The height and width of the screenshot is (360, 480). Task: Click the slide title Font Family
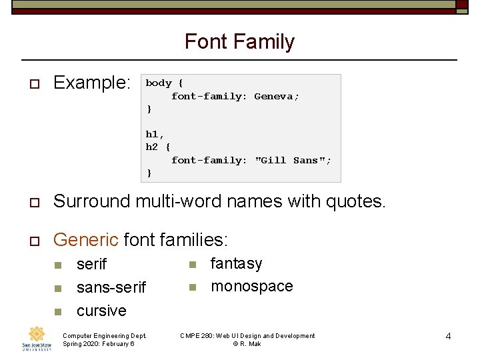click(239, 42)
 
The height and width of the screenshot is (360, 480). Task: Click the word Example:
click(92, 83)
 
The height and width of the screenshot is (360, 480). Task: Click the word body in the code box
click(159, 83)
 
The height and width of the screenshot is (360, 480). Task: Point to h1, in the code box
click(155, 135)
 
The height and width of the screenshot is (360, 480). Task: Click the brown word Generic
click(85, 239)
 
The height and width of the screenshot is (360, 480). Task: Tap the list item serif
click(91, 265)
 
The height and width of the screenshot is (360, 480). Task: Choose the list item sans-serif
click(111, 287)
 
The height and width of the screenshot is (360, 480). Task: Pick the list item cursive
click(101, 311)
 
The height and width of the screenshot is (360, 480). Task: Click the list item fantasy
click(236, 264)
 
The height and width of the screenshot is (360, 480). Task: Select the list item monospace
click(251, 287)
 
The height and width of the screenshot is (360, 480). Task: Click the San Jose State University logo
click(37, 338)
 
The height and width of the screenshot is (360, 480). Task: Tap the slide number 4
click(448, 336)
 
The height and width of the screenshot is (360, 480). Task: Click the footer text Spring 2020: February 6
click(98, 344)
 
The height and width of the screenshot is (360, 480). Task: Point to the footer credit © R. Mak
click(247, 344)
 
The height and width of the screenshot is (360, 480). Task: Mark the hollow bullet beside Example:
click(31, 84)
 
